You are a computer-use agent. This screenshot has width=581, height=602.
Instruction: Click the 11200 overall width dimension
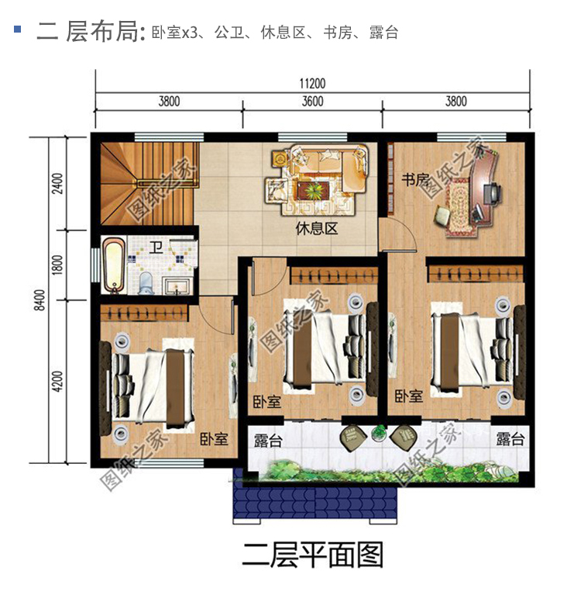(x=312, y=83)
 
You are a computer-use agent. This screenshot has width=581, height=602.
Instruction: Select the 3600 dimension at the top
(x=312, y=102)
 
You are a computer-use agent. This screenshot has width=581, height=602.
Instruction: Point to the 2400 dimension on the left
(x=57, y=184)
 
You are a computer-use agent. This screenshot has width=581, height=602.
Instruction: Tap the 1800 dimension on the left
(x=57, y=265)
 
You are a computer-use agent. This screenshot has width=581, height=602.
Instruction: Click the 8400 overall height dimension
(x=40, y=300)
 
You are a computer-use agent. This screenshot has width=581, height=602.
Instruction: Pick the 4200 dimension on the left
(x=57, y=381)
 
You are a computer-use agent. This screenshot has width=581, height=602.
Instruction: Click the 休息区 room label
(x=316, y=229)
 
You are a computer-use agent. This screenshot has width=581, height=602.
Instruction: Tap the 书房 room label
(x=415, y=179)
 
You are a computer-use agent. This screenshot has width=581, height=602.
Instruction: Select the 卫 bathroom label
(x=156, y=247)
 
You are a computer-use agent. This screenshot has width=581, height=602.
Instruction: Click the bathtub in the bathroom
(x=114, y=265)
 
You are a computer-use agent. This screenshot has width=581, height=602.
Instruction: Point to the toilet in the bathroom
(x=146, y=283)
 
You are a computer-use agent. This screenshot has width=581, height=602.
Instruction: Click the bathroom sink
(x=176, y=286)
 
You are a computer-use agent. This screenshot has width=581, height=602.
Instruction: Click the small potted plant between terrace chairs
(x=379, y=433)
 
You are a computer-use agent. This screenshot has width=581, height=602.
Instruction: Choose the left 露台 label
(x=268, y=441)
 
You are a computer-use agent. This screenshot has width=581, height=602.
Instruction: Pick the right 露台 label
(x=510, y=439)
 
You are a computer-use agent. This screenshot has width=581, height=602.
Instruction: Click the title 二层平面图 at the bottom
(x=313, y=555)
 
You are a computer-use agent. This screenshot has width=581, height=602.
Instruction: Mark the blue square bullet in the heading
(x=17, y=29)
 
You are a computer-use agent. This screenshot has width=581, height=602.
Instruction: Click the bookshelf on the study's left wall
(x=390, y=179)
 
